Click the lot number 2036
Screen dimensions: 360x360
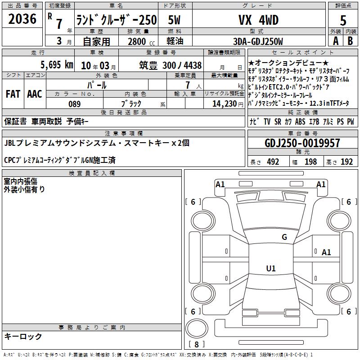(x=22, y=19)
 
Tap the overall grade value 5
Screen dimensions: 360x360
(x=343, y=20)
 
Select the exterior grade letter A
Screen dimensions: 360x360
(x=336, y=41)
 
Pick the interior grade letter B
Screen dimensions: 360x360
(x=350, y=41)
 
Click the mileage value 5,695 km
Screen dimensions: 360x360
(x=57, y=65)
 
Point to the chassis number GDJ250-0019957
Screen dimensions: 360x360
(x=302, y=143)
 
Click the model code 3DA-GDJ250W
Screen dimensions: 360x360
(x=258, y=41)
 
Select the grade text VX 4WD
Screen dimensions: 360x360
(x=258, y=20)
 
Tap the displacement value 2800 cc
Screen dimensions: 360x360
(x=141, y=41)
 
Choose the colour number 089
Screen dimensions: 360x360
(x=75, y=104)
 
